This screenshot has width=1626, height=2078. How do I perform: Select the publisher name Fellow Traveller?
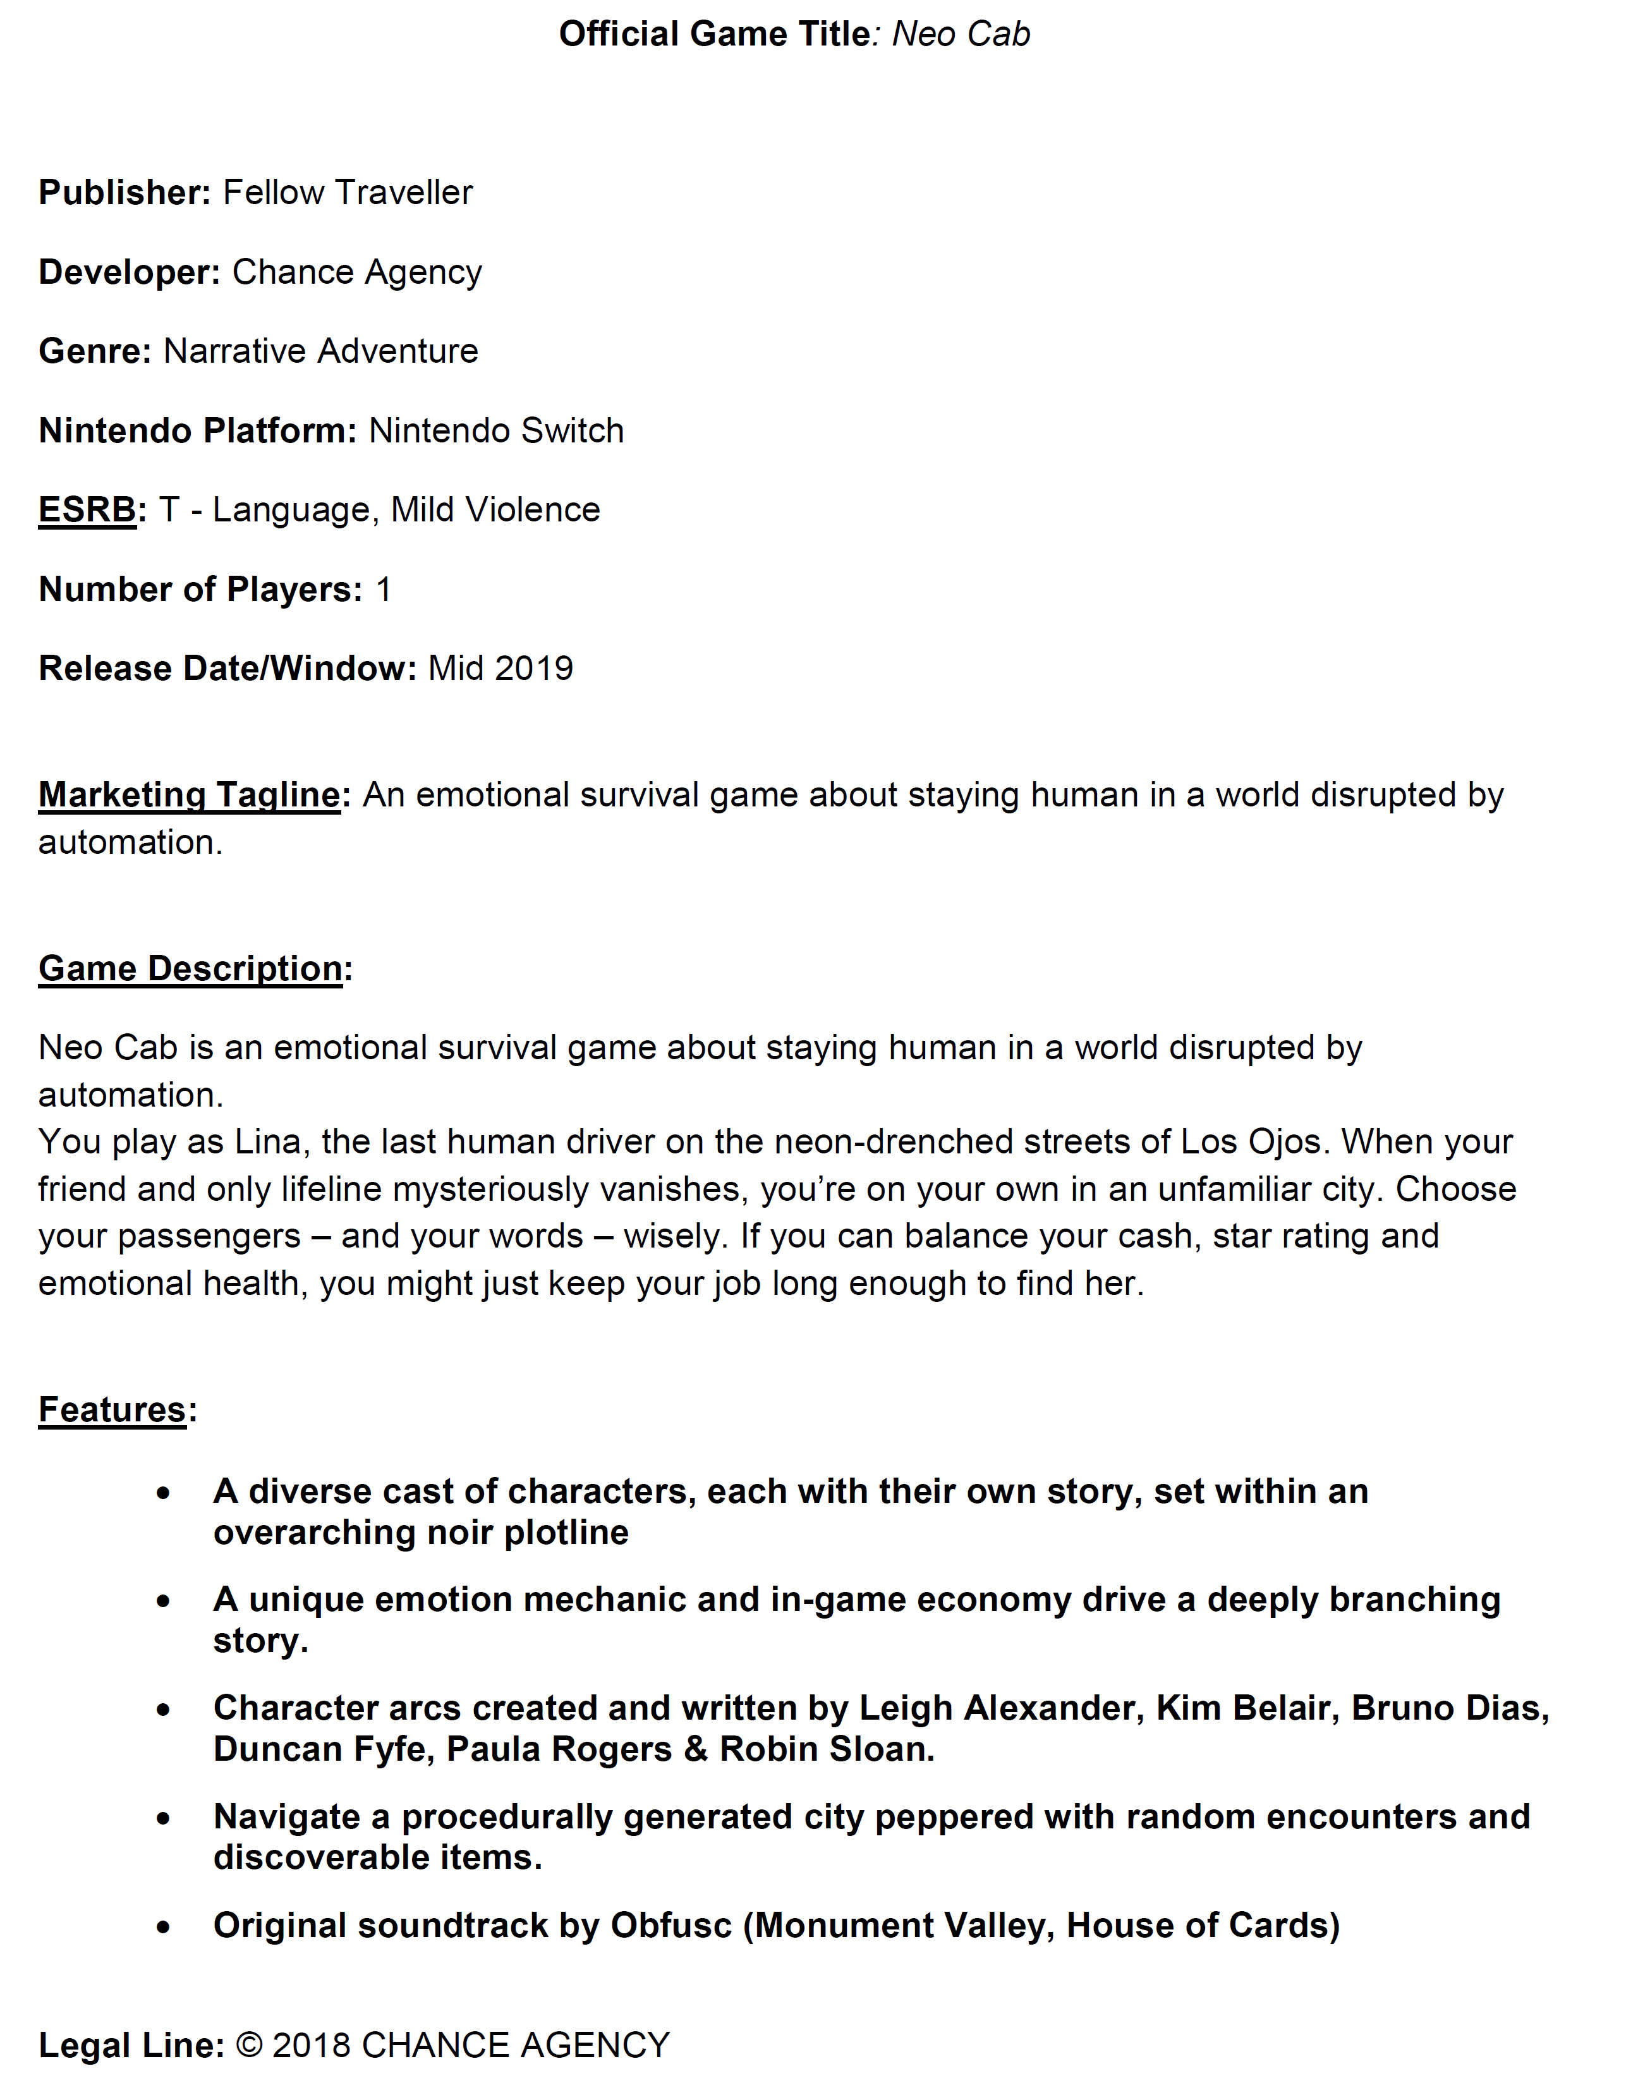pos(348,192)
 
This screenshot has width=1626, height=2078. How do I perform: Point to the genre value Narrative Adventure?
pos(321,351)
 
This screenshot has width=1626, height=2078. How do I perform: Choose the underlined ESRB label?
pos(87,510)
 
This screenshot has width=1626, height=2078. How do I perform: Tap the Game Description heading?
pos(190,968)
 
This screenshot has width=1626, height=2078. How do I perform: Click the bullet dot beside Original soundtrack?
pos(164,1928)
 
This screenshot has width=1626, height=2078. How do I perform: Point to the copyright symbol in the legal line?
pos(250,2045)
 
